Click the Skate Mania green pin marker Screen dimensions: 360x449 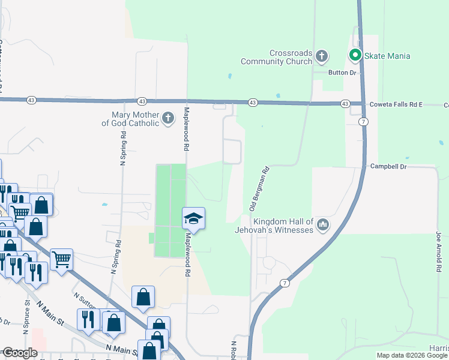coord(355,56)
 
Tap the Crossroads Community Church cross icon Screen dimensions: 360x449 coord(322,57)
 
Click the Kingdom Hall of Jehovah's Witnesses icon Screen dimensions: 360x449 coord(323,225)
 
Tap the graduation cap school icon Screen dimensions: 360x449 coord(194,218)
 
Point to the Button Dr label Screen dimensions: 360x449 coord(342,73)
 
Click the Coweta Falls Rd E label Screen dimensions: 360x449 coord(396,104)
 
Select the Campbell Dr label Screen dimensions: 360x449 coord(388,166)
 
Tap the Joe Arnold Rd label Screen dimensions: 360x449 coord(439,252)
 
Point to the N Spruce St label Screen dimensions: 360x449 coord(26,318)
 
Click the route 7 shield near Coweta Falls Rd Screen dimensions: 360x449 coord(364,121)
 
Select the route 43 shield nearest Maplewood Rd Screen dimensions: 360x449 coord(142,101)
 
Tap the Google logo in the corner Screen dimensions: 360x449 coord(20,353)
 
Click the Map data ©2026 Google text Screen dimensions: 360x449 coord(412,355)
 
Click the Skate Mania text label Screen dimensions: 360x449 coord(388,56)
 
